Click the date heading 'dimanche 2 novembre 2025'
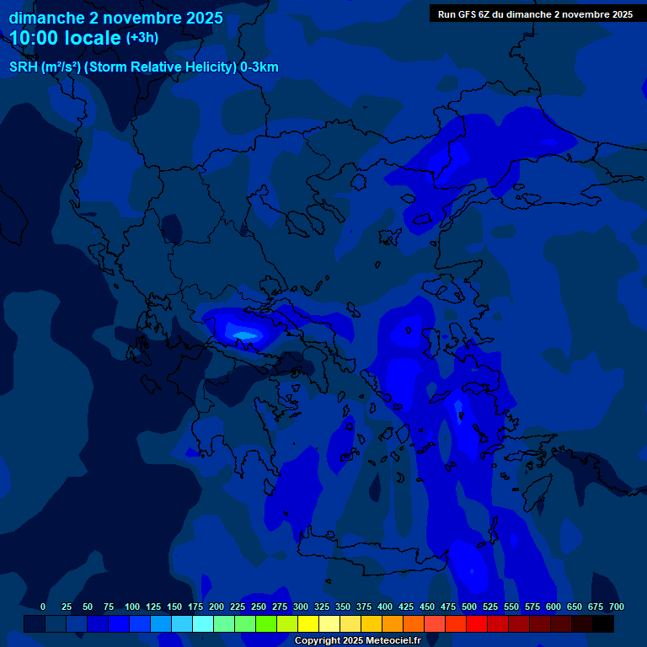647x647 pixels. [x=116, y=18]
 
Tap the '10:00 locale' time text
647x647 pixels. [x=66, y=38]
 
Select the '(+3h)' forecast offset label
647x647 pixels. [x=142, y=38]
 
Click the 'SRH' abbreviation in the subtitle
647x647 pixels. [x=24, y=67]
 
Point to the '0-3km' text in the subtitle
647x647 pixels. [x=259, y=67]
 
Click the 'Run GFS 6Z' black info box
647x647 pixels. [x=535, y=14]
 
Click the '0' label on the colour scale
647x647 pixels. [x=43, y=607]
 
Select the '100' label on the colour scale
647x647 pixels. [x=132, y=607]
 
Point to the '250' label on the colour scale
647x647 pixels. [x=259, y=607]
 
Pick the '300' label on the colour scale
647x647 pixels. [x=301, y=607]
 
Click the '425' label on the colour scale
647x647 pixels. [x=406, y=607]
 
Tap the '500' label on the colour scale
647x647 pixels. [x=469, y=607]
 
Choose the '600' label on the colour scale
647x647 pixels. [x=553, y=607]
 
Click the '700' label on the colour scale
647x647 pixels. [x=617, y=607]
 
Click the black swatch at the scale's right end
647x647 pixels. [x=603, y=623]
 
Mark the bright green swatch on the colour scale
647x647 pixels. [x=266, y=623]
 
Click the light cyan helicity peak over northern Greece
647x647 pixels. [x=244, y=335]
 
